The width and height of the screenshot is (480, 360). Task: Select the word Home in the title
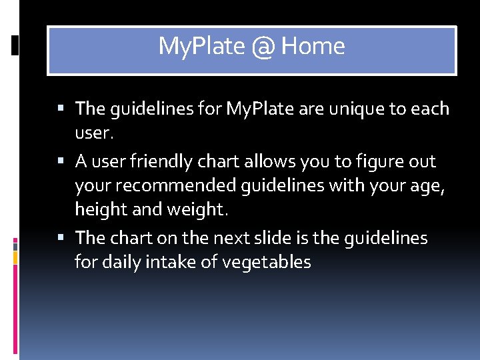point(313,47)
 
